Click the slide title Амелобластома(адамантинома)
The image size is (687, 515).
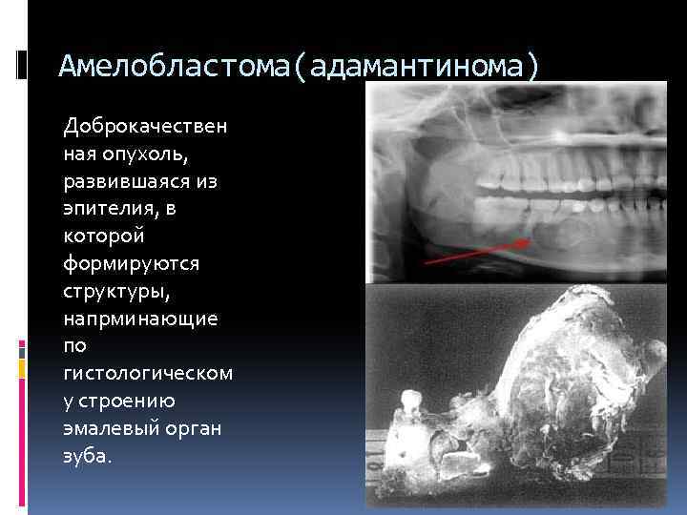coord(299,66)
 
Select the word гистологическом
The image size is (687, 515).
coord(147,373)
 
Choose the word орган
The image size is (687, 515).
coord(196,428)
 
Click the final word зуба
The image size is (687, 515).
coord(86,455)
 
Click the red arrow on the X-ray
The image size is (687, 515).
coord(471,251)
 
